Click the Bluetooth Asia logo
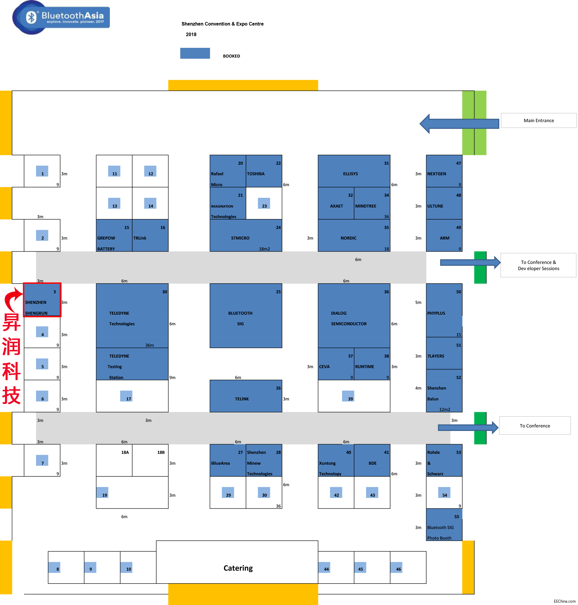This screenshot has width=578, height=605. pos(61,17)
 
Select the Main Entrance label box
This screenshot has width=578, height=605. pos(538,120)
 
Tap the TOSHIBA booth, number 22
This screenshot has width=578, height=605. pos(264,171)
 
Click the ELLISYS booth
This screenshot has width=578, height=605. pos(354,171)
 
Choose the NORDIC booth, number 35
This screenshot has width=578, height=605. pos(354,236)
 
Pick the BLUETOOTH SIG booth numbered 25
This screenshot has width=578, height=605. pos(246,316)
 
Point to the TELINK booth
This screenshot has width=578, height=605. pos(246,396)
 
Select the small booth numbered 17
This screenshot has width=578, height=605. pos(126,396)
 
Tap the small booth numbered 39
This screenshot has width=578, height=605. pos(348,396)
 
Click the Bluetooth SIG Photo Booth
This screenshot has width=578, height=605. pos(444,525)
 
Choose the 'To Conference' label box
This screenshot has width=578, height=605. pos(535,425)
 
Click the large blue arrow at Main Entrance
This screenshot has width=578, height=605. pos(459,124)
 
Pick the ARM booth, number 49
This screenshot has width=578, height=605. pos(444,236)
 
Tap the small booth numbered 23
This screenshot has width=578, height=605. pos(264,203)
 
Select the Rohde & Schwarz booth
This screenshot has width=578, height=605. pos(444,460)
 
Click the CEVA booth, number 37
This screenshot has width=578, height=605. pos(336,364)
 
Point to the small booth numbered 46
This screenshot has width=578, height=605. pos(396,567)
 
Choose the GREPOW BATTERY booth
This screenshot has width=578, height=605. pos(114,236)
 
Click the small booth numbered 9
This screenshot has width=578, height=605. pos(90,567)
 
